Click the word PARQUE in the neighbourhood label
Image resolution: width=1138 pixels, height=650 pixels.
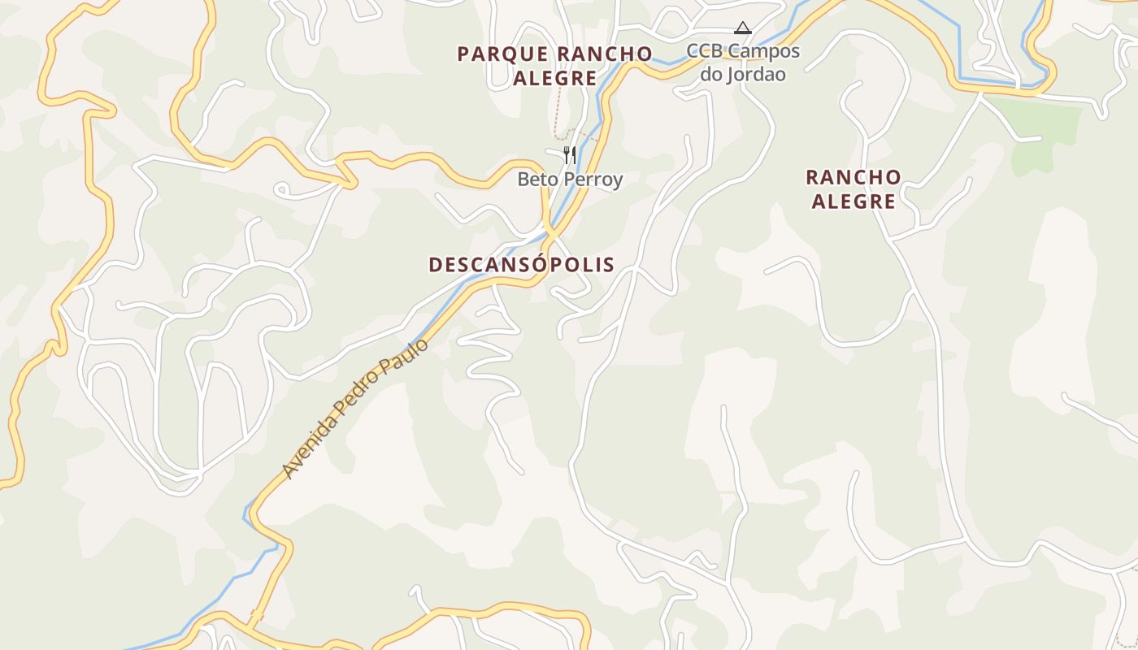tap(502, 54)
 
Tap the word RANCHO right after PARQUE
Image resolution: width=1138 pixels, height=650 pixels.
tap(605, 54)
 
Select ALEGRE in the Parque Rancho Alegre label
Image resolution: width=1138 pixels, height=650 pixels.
tap(555, 79)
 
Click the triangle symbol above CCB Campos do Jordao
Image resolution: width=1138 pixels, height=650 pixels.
tap(742, 28)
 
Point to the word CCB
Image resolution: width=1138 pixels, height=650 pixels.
tap(705, 51)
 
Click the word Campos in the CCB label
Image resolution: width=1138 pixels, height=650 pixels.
tap(763, 51)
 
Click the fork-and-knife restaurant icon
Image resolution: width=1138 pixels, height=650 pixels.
tap(570, 154)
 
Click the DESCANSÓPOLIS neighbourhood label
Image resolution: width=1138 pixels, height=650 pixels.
tap(521, 265)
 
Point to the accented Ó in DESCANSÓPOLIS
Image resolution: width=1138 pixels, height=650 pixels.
tap(536, 264)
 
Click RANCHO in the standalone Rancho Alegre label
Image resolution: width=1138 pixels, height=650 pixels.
tap(853, 177)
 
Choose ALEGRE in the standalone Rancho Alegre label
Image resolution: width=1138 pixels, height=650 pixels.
tap(853, 201)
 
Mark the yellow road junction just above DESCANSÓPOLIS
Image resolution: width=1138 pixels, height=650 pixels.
tap(550, 234)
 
